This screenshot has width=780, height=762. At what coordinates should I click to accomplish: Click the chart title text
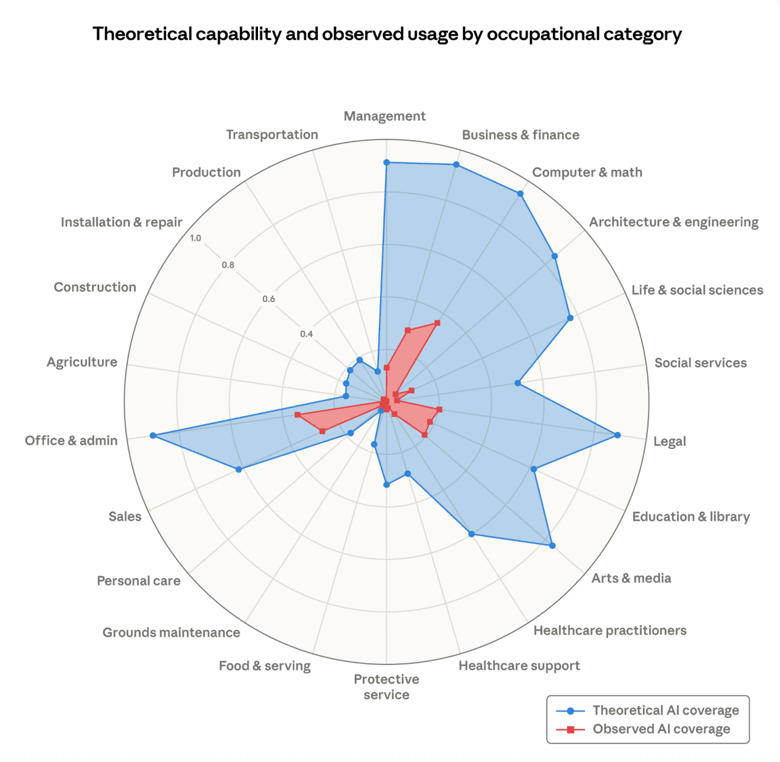point(387,34)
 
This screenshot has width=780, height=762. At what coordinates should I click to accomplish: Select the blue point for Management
point(386,162)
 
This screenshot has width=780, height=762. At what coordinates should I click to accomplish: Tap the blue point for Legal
point(618,435)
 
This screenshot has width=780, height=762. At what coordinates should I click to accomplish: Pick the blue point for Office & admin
point(152,436)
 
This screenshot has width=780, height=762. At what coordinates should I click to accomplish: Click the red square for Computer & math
point(437,322)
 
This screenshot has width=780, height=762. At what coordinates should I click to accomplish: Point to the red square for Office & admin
point(297,415)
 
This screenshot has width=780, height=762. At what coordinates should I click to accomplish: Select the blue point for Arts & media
point(552,545)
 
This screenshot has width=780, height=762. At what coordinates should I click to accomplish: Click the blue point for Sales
point(239,470)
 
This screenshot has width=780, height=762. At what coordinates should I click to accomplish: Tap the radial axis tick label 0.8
point(228,266)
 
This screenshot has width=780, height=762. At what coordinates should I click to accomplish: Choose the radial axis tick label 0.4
point(306,334)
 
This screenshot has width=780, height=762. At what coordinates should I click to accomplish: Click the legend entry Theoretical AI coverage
point(665,710)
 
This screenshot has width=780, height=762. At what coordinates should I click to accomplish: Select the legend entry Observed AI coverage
point(661,729)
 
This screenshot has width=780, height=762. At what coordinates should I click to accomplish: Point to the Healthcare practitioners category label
point(610,630)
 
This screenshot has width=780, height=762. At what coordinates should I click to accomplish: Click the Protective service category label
point(386,687)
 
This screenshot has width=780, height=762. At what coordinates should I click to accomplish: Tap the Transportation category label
point(272,135)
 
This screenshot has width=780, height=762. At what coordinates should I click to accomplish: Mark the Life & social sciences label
point(697,290)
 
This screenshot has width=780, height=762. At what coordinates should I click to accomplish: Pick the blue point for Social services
point(518,383)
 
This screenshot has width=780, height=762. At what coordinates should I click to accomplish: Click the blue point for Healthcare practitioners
point(471,534)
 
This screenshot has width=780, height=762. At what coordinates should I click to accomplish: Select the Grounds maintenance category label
point(171,632)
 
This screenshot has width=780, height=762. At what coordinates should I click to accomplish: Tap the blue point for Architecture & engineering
point(555,256)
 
